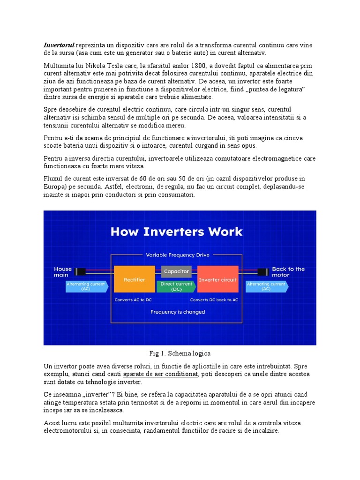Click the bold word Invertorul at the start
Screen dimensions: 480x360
[59, 45]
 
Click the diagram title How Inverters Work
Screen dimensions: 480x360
[176, 232]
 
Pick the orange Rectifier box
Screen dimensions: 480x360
[134, 280]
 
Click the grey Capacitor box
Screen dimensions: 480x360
[176, 271]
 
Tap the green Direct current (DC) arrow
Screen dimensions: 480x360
[176, 286]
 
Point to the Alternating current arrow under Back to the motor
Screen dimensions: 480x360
[266, 286]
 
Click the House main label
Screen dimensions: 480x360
[63, 272]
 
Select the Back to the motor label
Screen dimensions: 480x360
[288, 272]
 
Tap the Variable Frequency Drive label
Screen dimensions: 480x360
[178, 255]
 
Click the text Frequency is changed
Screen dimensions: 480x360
[177, 312]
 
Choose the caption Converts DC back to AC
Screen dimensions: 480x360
[214, 300]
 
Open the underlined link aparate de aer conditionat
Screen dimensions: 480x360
[160, 374]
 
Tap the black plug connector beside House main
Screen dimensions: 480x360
[81, 271]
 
